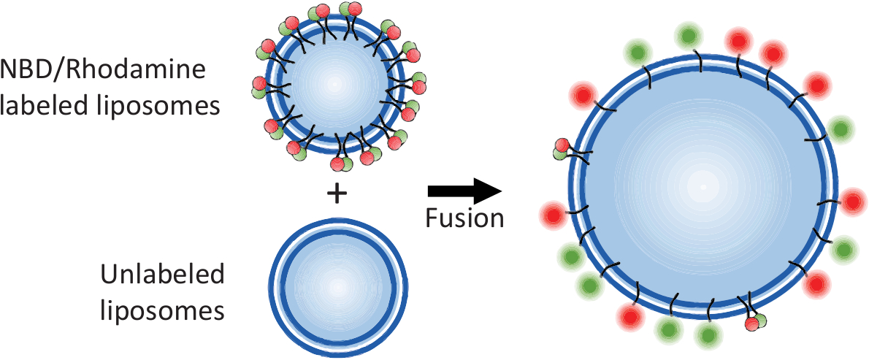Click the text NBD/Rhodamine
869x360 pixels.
104,72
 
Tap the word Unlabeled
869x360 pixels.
163,276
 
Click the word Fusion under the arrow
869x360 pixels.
465,218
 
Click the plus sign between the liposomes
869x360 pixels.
335,193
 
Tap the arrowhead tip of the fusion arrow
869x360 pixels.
500,191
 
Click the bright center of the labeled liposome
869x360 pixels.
335,84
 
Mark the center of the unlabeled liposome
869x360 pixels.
337,287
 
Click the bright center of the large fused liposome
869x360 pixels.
703,187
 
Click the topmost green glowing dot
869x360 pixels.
687,34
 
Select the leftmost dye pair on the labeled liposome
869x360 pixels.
260,87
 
